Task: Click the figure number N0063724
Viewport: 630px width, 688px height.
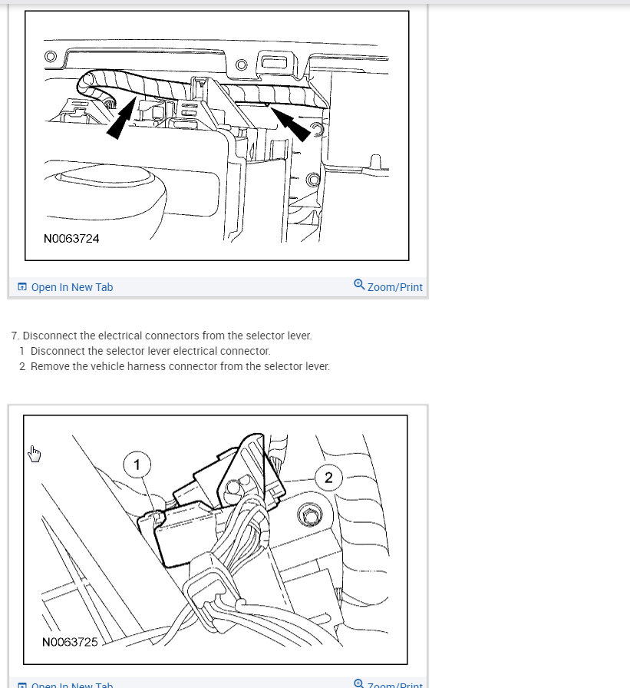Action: point(71,239)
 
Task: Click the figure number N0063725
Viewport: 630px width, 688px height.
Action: point(71,641)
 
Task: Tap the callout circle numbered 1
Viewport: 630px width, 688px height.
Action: point(137,465)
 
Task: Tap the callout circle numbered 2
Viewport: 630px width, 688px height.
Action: point(328,478)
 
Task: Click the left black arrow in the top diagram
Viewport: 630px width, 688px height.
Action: point(122,119)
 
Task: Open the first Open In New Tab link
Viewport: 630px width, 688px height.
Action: point(71,287)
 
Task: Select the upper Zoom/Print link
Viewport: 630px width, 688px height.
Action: point(394,287)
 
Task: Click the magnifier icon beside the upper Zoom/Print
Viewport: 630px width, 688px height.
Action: point(359,285)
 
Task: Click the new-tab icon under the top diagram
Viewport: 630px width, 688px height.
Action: point(22,287)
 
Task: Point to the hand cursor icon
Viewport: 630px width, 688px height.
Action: point(35,454)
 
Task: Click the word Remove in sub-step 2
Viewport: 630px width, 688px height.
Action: point(49,366)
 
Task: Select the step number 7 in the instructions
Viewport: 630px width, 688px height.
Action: point(15,336)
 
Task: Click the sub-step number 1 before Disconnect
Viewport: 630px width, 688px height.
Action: point(22,351)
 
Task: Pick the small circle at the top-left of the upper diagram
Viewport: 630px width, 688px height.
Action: point(51,56)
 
